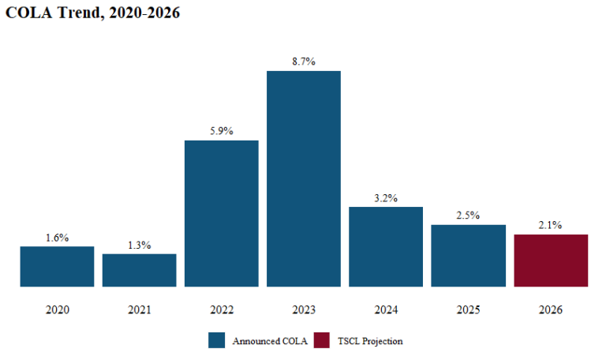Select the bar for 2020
pyautogui.click(x=57, y=266)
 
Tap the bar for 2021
pyautogui.click(x=139, y=270)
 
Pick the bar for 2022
pyautogui.click(x=222, y=213)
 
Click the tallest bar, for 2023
pyautogui.click(x=304, y=178)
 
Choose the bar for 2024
pyautogui.click(x=386, y=246)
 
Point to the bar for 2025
pyautogui.click(x=468, y=255)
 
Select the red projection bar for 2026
pyautogui.click(x=551, y=260)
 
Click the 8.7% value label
pyautogui.click(x=304, y=62)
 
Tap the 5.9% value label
pyautogui.click(x=222, y=131)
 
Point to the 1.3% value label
pyautogui.click(x=139, y=245)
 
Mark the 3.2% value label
pyautogui.click(x=386, y=198)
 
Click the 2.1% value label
pyautogui.click(x=551, y=225)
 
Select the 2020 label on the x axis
pyautogui.click(x=57, y=309)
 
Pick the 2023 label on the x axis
pyautogui.click(x=304, y=309)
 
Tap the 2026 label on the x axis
pyautogui.click(x=551, y=309)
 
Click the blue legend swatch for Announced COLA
pyautogui.click(x=217, y=340)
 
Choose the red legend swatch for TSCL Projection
pyautogui.click(x=323, y=340)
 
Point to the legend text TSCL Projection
pyautogui.click(x=370, y=341)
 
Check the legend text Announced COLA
pyautogui.click(x=264, y=341)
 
